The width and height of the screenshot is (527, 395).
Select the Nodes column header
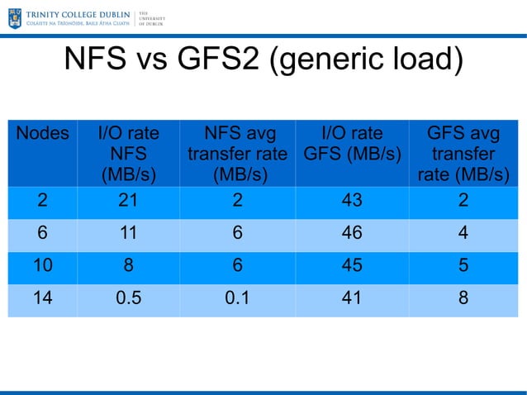click(x=42, y=133)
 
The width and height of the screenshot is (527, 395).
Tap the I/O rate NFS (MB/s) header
click(x=128, y=154)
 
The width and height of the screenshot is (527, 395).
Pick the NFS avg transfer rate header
click(x=237, y=154)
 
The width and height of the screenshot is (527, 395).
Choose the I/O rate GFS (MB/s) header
click(x=352, y=144)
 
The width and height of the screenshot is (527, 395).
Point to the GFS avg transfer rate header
click(x=463, y=154)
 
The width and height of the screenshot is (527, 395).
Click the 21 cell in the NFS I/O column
click(x=128, y=201)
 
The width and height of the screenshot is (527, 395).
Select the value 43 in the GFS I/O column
click(x=352, y=201)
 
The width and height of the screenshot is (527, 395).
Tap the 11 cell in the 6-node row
click(x=128, y=234)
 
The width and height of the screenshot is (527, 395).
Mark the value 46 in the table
click(x=352, y=234)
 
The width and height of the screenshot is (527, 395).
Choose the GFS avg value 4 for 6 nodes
click(x=463, y=234)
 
